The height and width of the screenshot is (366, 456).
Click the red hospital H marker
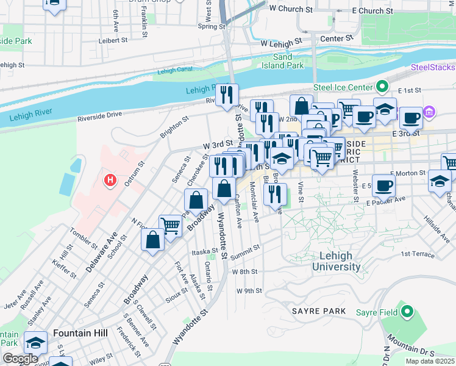pyautogui.click(x=110, y=180)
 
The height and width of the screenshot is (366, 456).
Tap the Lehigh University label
pyautogui.click(x=336, y=262)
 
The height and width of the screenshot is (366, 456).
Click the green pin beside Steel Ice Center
pyautogui.click(x=382, y=87)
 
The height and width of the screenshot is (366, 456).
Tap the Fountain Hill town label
pyautogui.click(x=80, y=333)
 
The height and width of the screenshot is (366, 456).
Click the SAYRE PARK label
pyautogui.click(x=318, y=311)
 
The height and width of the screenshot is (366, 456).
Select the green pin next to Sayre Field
pyautogui.click(x=407, y=313)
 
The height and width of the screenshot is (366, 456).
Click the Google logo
pyautogui.click(x=20, y=359)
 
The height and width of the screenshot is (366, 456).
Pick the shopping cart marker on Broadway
pyautogui.click(x=171, y=226)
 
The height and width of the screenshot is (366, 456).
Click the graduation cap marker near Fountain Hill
pyautogui.click(x=37, y=343)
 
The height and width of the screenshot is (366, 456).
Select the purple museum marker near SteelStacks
pyautogui.click(x=429, y=112)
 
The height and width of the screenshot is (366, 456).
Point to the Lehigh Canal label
pyautogui.click(x=174, y=71)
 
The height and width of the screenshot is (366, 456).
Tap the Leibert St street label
pyautogui.click(x=114, y=41)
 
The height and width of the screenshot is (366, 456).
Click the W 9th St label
pyautogui.click(x=249, y=291)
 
